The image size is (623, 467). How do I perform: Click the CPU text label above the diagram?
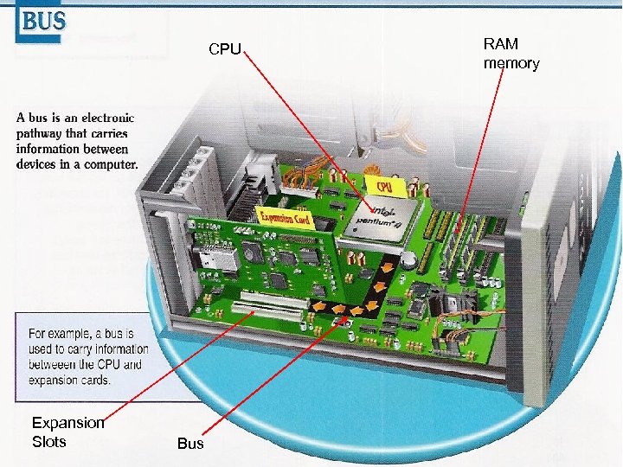[224, 49]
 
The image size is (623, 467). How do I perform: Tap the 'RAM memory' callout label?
[511, 54]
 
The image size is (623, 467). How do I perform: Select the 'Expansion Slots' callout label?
[67, 432]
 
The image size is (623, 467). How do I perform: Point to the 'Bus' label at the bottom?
[189, 444]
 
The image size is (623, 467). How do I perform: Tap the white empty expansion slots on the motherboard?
[267, 304]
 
